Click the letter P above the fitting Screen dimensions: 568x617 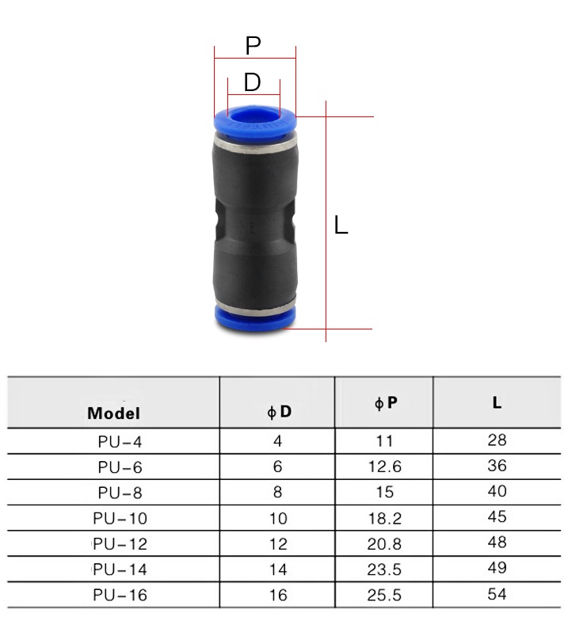click(x=253, y=45)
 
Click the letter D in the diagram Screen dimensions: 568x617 click(x=253, y=82)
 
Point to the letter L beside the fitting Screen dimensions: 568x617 click(x=341, y=225)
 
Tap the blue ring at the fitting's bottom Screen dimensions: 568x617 click(x=255, y=318)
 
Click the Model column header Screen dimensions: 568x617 click(x=114, y=413)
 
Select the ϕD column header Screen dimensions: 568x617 click(x=279, y=411)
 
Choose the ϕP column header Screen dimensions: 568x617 click(x=385, y=402)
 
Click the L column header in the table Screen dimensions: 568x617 click(x=497, y=402)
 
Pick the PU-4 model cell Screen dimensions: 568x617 click(x=120, y=441)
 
